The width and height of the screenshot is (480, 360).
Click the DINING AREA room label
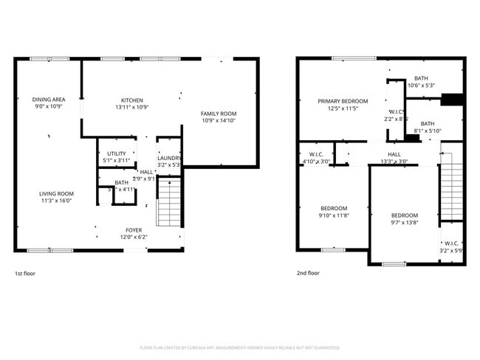[49, 99]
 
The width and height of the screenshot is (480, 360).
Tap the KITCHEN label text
[132, 100]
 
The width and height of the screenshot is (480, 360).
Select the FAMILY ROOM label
[219, 113]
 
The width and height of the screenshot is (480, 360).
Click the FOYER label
[133, 229]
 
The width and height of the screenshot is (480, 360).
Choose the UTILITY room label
[117, 153]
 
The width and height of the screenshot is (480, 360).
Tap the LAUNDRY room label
[169, 157]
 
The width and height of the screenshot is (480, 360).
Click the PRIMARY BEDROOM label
[343, 101]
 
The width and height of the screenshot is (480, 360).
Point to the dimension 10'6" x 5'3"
[421, 86]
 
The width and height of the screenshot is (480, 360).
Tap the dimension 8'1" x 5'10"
[427, 131]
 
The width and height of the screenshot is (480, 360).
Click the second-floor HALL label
[394, 154]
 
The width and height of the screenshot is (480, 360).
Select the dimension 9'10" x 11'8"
[334, 215]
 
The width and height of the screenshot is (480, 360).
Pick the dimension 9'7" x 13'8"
[404, 222]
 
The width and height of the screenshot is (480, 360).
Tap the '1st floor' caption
[24, 273]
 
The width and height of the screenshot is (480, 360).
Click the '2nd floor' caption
[308, 273]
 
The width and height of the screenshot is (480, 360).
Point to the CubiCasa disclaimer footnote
[239, 347]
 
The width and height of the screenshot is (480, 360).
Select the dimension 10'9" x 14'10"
[219, 120]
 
